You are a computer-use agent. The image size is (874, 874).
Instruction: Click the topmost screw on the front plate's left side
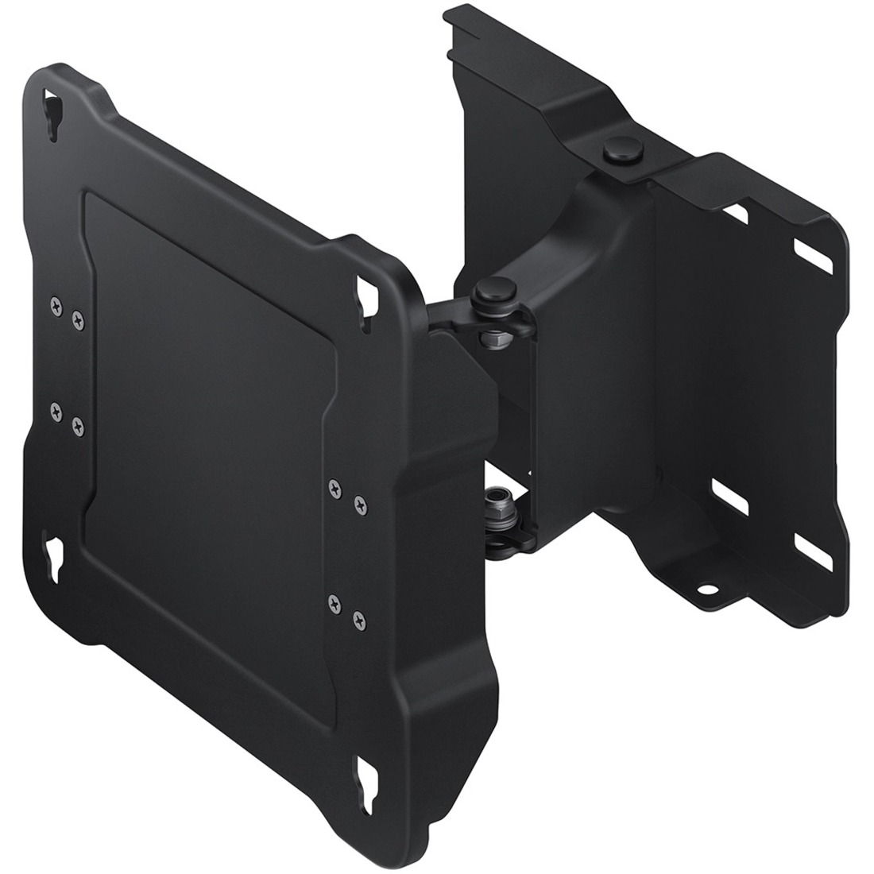55,302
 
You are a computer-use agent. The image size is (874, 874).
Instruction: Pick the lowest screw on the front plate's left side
77,427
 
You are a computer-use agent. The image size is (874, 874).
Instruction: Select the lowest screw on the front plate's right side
358,617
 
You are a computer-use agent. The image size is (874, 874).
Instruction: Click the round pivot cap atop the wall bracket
617,152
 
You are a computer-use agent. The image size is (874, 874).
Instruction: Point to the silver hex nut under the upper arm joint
492,338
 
